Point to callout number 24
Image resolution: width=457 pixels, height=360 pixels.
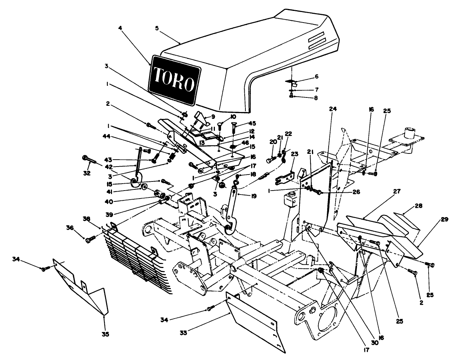click(x=333, y=109)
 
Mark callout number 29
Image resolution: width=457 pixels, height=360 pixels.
click(x=444, y=219)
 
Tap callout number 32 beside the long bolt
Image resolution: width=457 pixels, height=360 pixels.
click(x=87, y=173)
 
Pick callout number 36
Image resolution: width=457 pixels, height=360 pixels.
click(x=70, y=228)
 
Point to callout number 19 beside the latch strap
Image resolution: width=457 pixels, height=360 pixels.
click(x=253, y=196)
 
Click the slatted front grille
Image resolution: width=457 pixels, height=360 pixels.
click(x=135, y=262)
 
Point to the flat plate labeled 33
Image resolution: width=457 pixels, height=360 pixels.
click(x=254, y=320)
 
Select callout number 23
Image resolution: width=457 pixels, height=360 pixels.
click(x=294, y=154)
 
